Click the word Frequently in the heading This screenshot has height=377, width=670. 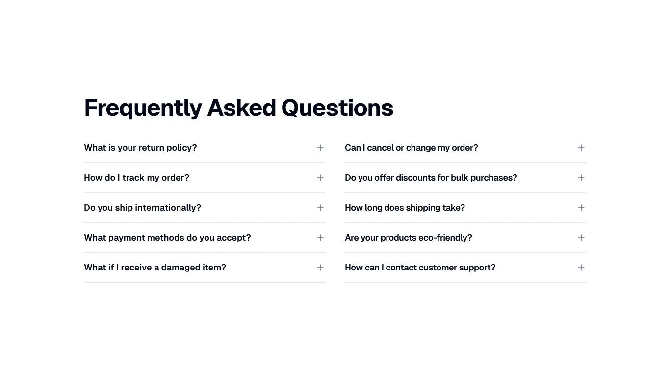[143, 108]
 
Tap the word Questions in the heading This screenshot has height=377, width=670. [337, 108]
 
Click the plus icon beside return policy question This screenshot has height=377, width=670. [320, 148]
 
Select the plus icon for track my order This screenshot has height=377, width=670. [320, 178]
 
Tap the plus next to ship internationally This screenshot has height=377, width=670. [320, 208]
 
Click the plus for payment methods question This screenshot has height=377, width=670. [320, 238]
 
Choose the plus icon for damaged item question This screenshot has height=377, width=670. [320, 268]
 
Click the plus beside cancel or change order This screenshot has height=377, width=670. [581, 148]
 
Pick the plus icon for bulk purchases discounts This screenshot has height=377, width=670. [581, 178]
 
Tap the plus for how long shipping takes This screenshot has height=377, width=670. [581, 208]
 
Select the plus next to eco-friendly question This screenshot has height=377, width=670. [581, 238]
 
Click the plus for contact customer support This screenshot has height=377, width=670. [581, 268]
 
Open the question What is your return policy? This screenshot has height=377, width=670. [140, 148]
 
